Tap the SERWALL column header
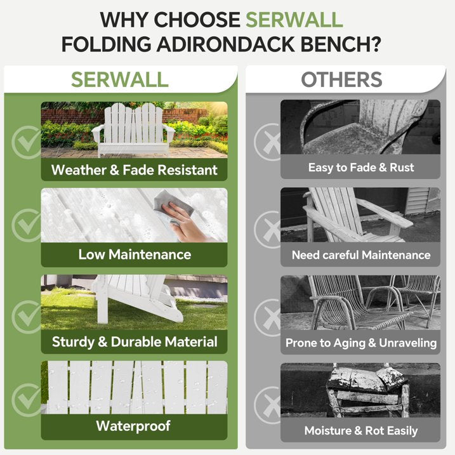pyautogui.click(x=119, y=79)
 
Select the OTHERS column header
pyautogui.click(x=341, y=79)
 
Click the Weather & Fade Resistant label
pyautogui.click(x=134, y=169)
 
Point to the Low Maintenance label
pyautogui.click(x=134, y=254)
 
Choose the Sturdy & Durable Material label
pyautogui.click(x=134, y=341)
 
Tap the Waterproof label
pyautogui.click(x=134, y=426)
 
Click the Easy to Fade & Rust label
pyautogui.click(x=360, y=168)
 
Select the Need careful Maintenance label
pyautogui.click(x=360, y=255)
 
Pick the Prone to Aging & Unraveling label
pyautogui.click(x=360, y=343)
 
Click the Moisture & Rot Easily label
pyautogui.click(x=360, y=430)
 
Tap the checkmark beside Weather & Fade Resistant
pyautogui.click(x=27, y=141)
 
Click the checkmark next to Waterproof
pyautogui.click(x=27, y=400)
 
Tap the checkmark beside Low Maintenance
pyautogui.click(x=27, y=226)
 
